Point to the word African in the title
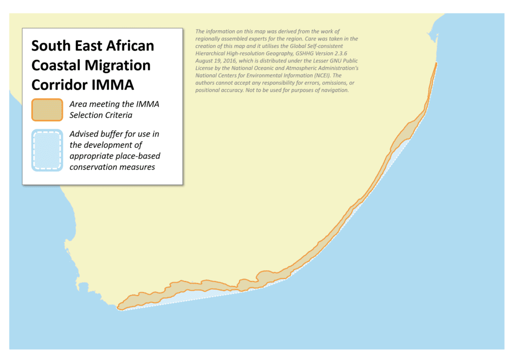click(128, 46)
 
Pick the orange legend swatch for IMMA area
click(47, 110)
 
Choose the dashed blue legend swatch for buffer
click(47, 150)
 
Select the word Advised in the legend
click(84, 134)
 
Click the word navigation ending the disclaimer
click(335, 91)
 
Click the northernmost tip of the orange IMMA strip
click(437, 63)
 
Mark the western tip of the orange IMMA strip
click(118, 308)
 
